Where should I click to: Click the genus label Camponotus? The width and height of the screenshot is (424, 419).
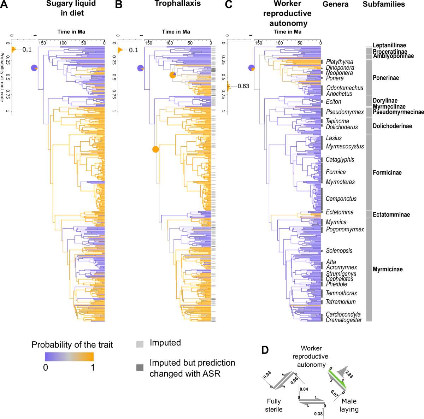click(x=341, y=199)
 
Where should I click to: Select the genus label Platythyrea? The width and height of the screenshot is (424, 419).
click(x=340, y=62)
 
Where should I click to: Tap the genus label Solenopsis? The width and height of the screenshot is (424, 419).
click(x=339, y=251)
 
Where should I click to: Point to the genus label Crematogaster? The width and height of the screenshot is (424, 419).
click(x=343, y=320)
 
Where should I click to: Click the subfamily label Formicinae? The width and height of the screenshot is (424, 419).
click(x=387, y=173)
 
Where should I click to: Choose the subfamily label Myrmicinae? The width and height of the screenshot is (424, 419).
click(x=387, y=270)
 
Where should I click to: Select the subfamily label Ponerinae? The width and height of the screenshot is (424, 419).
click(x=385, y=78)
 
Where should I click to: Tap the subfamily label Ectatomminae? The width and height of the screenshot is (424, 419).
click(x=391, y=215)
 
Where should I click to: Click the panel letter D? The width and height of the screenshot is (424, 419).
click(x=265, y=350)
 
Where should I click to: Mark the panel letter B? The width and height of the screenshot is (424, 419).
click(x=119, y=5)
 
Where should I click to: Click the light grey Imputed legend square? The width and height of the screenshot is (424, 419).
click(x=140, y=344)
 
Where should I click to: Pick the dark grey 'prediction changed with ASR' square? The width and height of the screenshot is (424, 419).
click(x=140, y=368)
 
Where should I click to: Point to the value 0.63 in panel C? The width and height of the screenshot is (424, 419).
click(x=243, y=86)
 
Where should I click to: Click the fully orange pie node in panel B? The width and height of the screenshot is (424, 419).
click(x=155, y=149)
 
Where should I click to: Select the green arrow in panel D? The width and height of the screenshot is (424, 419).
click(x=337, y=378)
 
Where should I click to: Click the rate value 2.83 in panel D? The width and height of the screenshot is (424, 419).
click(x=348, y=374)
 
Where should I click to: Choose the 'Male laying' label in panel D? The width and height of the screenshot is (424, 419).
click(x=349, y=405)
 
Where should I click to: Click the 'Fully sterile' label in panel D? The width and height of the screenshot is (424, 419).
click(x=274, y=405)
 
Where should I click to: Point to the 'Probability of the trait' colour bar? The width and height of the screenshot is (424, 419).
click(x=69, y=356)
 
